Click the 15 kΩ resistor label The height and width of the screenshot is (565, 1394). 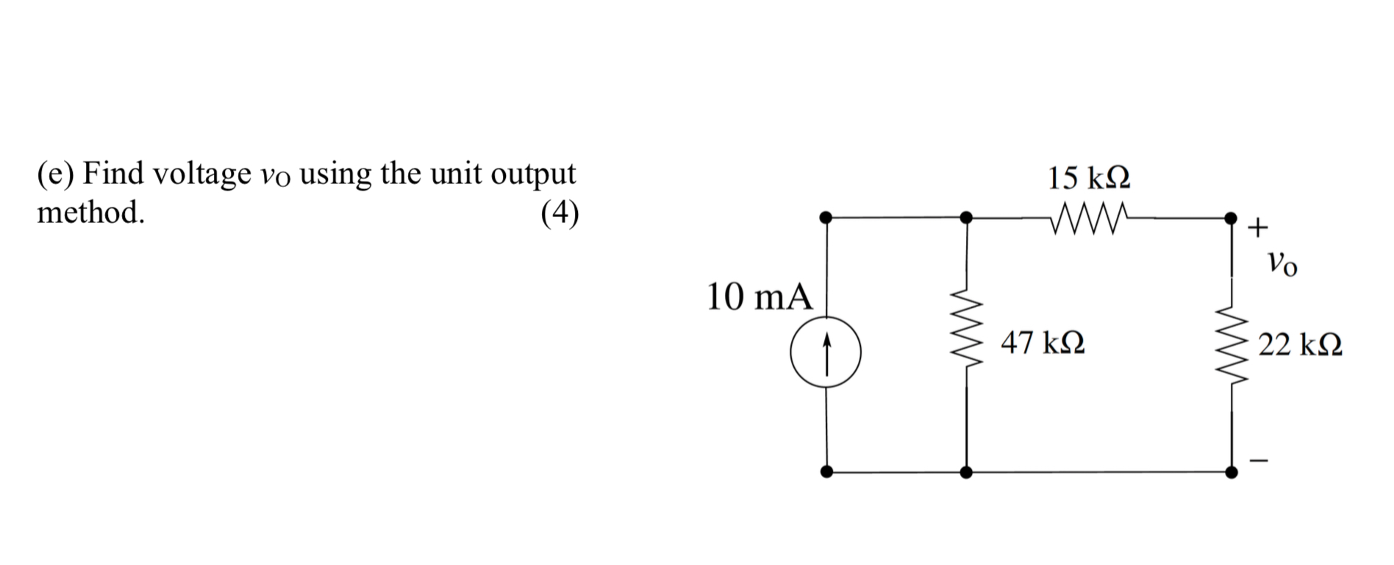[x=1088, y=178]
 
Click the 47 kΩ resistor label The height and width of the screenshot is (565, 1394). [x=1043, y=343]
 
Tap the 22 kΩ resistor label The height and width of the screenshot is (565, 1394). [x=1300, y=344]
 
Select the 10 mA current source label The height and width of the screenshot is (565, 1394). [x=759, y=297]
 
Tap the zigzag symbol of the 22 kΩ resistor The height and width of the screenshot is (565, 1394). [x=1232, y=346]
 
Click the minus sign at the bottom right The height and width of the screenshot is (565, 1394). [x=1259, y=461]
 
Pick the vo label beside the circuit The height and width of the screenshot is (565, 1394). [x=1282, y=263]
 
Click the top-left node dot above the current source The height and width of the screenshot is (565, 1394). [x=826, y=217]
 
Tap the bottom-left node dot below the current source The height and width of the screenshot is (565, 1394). [x=826, y=472]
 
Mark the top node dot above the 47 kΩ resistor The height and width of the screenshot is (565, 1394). [x=966, y=217]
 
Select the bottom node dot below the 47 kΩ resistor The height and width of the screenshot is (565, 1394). [x=966, y=472]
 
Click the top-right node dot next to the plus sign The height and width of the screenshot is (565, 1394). [x=1231, y=218]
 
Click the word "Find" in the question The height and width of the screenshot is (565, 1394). [x=114, y=174]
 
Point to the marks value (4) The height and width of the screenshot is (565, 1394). [x=560, y=213]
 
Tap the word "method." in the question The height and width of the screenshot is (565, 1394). [x=90, y=213]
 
